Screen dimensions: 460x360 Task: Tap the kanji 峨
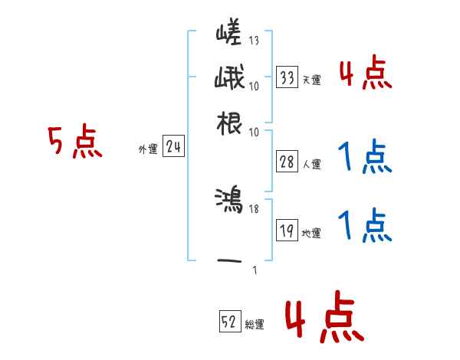pos(229,79)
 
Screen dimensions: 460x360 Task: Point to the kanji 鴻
pos(229,201)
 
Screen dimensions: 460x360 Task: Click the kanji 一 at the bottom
pos(229,261)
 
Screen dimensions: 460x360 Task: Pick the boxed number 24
pos(173,148)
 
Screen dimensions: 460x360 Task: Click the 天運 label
pos(311,80)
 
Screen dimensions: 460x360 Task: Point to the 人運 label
pos(311,164)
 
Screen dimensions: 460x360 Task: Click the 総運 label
pos(255,324)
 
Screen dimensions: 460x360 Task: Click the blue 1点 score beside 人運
pos(365,157)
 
